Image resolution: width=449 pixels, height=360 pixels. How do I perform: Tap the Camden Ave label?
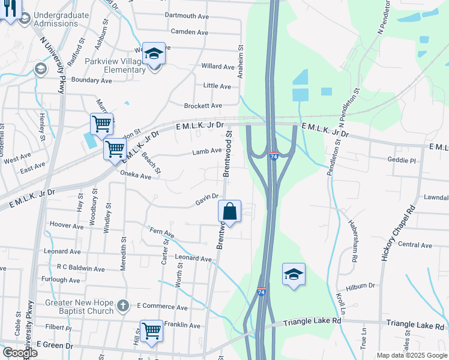pyautogui.click(x=189, y=32)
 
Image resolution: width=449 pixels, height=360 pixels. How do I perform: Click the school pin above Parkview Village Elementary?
pyautogui.click(x=154, y=55)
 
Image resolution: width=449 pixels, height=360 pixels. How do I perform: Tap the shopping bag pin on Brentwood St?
pyautogui.click(x=229, y=212)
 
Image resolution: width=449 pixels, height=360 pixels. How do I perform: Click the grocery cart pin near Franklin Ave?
pyautogui.click(x=151, y=331)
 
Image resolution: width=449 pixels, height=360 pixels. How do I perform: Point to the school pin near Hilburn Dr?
pyautogui.click(x=294, y=274)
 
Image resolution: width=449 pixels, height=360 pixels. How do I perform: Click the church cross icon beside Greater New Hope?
pyautogui.click(x=122, y=306)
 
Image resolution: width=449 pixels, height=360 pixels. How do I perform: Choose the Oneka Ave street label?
pyautogui.click(x=136, y=176)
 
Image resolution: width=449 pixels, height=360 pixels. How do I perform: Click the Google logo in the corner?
pyautogui.click(x=20, y=352)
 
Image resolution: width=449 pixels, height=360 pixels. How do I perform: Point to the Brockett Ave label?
pyautogui.click(x=203, y=105)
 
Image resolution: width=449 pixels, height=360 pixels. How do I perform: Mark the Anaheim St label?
pyautogui.click(x=241, y=58)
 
